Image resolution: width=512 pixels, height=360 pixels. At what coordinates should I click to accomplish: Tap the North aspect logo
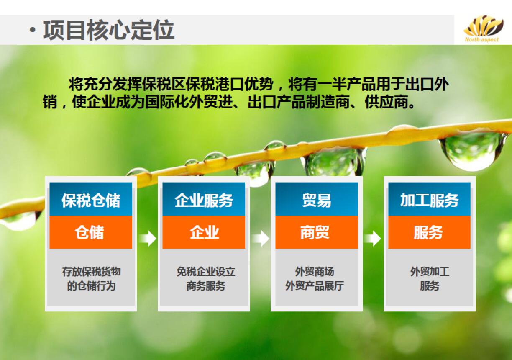[x=482, y=29]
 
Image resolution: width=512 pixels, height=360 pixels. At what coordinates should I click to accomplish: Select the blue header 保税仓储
[x=91, y=200]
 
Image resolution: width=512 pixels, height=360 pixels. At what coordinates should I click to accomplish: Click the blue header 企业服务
[x=204, y=200]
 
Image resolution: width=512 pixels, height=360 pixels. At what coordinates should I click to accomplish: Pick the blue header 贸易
[x=317, y=200]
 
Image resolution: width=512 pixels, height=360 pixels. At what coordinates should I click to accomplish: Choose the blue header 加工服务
[x=429, y=200]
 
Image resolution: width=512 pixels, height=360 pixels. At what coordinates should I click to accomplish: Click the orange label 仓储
[x=91, y=232]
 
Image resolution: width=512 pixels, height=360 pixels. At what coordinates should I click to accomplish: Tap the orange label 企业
[x=204, y=232]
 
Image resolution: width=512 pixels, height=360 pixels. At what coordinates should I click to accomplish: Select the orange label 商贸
[x=317, y=232]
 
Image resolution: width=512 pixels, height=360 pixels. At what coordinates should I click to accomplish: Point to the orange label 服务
[x=429, y=232]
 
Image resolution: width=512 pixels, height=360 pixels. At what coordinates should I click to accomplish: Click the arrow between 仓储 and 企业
[x=147, y=239]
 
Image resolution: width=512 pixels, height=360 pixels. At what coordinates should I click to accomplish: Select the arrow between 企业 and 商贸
[x=261, y=239]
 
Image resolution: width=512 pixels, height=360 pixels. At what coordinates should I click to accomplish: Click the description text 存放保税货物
[x=91, y=271]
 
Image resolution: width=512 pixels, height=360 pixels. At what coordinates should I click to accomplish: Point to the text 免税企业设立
[x=205, y=271]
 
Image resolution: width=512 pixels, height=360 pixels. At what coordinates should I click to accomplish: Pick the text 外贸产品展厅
[x=314, y=286]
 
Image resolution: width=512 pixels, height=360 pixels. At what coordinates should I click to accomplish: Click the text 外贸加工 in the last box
[x=429, y=271]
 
